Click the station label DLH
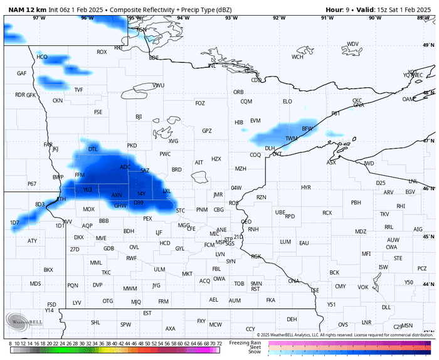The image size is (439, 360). [x=270, y=149]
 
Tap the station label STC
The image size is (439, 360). [x=181, y=210]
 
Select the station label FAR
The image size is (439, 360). [x=48, y=145]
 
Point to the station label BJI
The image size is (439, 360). [x=139, y=117]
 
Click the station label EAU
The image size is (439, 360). [x=304, y=243]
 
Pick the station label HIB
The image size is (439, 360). [x=239, y=122]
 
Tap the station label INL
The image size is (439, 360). [x=212, y=66]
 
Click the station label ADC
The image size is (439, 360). [x=125, y=167]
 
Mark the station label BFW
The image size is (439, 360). [x=307, y=129]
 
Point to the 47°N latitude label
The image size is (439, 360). [x=430, y=141]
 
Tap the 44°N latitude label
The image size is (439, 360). [x=430, y=284]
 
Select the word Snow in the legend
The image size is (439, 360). [x=254, y=352]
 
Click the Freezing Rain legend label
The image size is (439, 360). [x=245, y=342]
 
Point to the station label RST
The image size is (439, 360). [x=255, y=289]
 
